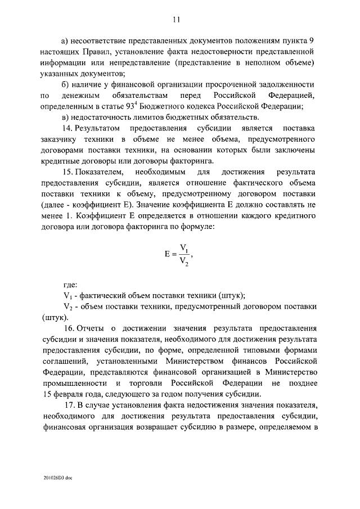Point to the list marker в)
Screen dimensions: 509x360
click(x=65, y=117)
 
